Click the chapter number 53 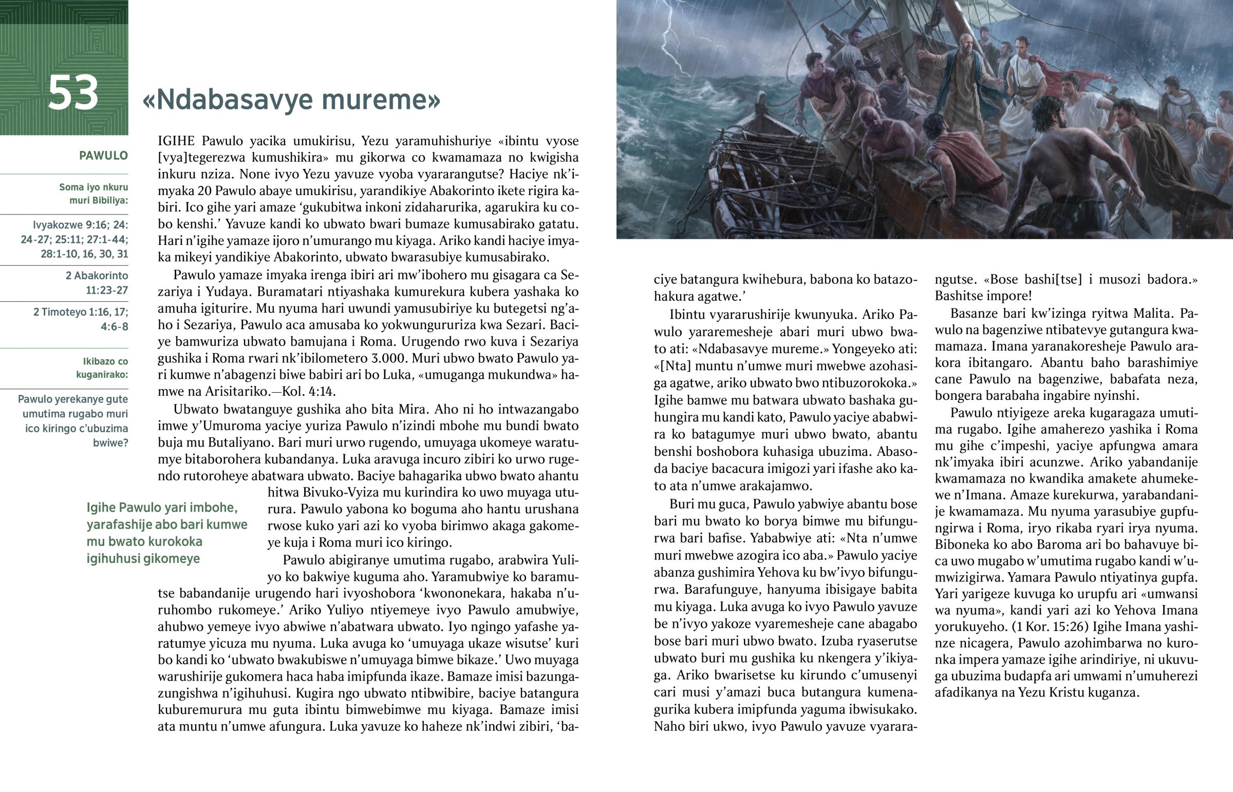click(72, 93)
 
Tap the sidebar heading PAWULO click(103, 156)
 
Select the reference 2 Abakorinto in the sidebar click(97, 276)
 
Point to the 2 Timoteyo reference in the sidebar click(81, 312)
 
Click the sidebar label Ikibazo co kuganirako click(102, 368)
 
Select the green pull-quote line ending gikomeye click(143, 558)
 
